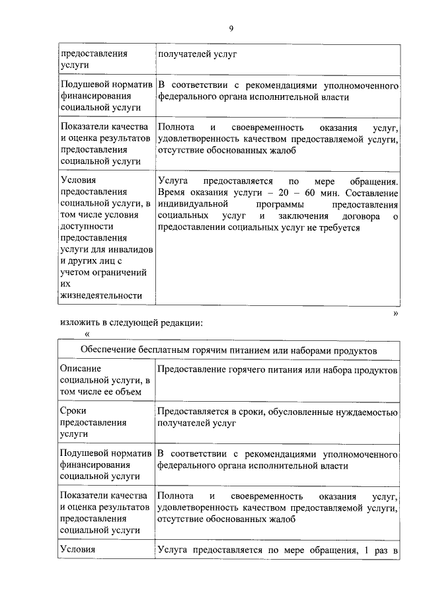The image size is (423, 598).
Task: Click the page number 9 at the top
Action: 231,28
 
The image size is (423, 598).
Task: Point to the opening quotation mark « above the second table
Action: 87,334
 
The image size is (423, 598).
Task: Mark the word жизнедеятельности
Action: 101,295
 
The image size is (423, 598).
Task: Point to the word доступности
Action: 82,225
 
